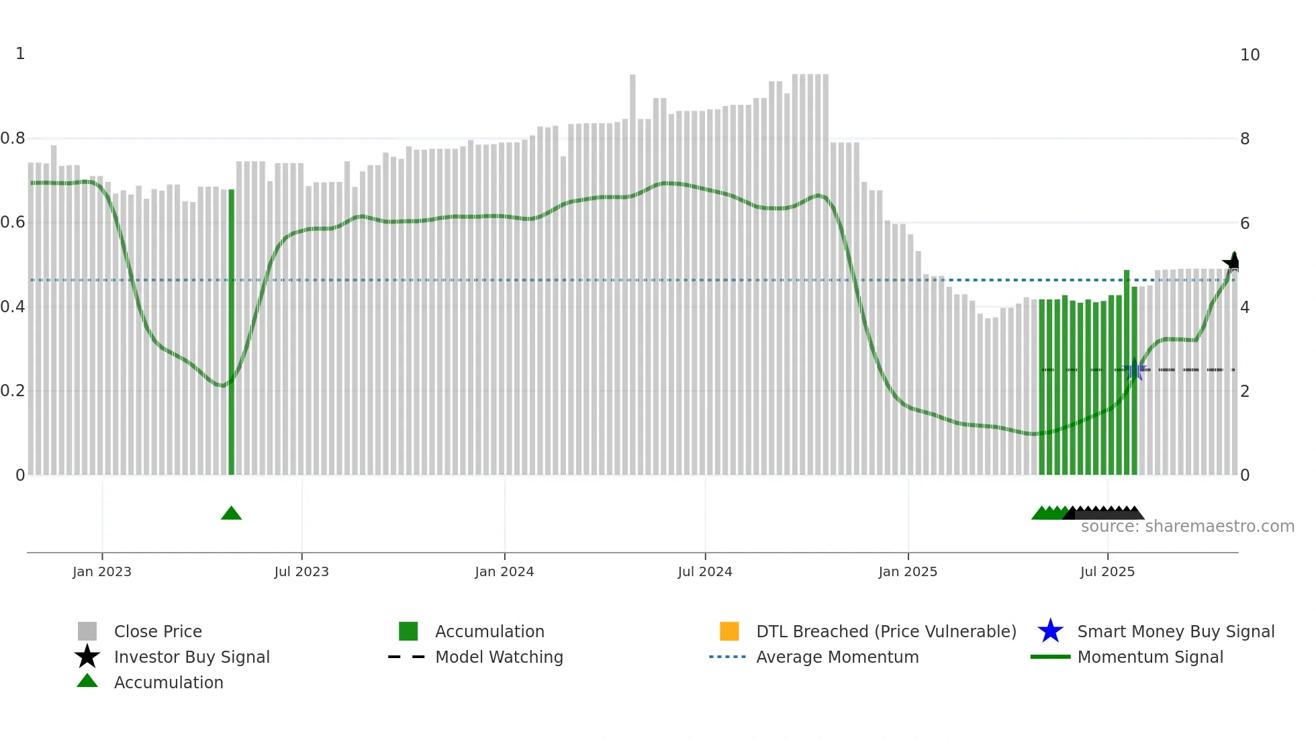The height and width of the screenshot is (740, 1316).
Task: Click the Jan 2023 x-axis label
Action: click(x=102, y=571)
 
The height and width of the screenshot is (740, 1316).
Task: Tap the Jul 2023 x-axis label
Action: click(x=301, y=571)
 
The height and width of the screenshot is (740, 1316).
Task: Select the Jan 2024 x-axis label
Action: click(x=504, y=571)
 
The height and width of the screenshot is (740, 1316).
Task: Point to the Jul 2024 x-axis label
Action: click(x=705, y=571)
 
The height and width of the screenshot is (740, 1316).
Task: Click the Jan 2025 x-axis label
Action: click(x=908, y=571)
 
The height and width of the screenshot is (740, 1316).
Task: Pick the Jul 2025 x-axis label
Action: click(x=1107, y=571)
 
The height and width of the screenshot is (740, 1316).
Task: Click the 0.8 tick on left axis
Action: click(x=13, y=138)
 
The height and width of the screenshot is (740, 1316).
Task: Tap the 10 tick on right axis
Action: click(x=1250, y=55)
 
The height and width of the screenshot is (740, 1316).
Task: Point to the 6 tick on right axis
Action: click(x=1245, y=223)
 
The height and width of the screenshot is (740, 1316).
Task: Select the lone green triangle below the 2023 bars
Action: click(x=231, y=513)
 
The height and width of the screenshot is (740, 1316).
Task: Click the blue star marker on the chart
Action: click(x=1135, y=369)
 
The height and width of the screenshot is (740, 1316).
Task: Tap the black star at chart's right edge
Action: click(x=1230, y=263)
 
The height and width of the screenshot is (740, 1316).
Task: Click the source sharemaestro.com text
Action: click(x=1187, y=526)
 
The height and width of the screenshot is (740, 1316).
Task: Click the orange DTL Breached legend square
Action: click(x=729, y=631)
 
